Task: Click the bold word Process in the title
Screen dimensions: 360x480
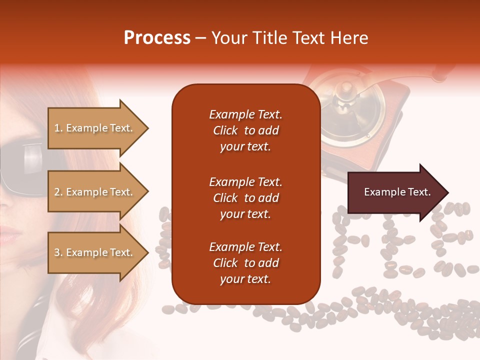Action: [x=157, y=38]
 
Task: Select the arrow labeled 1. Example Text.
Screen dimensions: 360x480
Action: [x=95, y=128]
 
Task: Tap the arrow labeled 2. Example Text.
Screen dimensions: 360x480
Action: [x=95, y=192]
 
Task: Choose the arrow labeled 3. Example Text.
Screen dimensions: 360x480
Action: [x=95, y=252]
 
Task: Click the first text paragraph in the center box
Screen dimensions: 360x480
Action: [x=245, y=130]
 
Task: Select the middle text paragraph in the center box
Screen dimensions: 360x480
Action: [x=245, y=198]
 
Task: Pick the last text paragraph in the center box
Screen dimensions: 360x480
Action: [x=245, y=263]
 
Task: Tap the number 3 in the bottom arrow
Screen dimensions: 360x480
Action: [x=57, y=252]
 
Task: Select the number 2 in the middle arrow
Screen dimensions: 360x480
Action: [x=57, y=192]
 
